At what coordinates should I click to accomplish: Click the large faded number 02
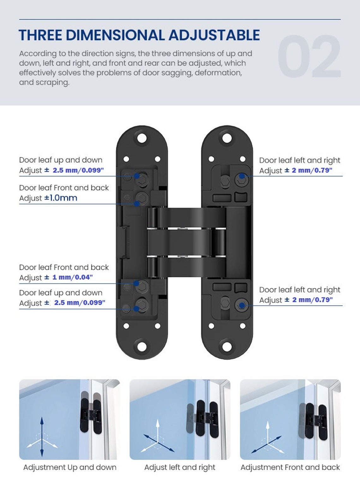pos(309,57)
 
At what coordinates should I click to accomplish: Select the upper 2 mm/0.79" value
pos(312,170)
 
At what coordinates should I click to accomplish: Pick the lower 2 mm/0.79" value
pos(312,300)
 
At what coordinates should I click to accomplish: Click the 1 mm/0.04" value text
pos(72,277)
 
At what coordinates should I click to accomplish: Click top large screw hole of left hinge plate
pos(142,138)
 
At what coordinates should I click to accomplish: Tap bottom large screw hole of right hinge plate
pos(227,346)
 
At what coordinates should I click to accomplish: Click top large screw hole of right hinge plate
pos(227,138)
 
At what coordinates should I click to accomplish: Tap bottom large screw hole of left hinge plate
pos(142,346)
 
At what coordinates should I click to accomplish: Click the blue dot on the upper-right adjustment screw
pos(242,176)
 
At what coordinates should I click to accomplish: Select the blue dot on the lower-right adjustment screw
pos(242,305)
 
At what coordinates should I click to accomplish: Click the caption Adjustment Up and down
pos(70,467)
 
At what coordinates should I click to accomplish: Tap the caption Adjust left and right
pos(180,467)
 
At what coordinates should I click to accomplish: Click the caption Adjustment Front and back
pos(290,467)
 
